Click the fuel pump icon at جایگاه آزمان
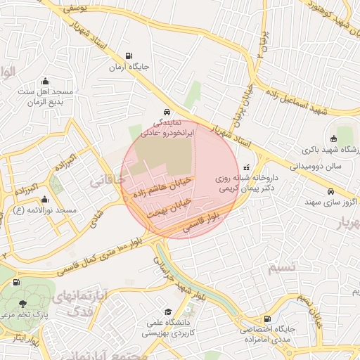click(128, 56)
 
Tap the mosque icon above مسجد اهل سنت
click(46, 80)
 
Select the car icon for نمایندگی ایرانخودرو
click(165, 112)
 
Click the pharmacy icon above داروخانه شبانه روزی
click(246, 168)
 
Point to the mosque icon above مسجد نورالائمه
click(45, 199)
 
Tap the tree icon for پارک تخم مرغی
click(24, 304)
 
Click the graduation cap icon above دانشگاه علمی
click(167, 312)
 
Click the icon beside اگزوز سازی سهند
click(331, 191)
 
